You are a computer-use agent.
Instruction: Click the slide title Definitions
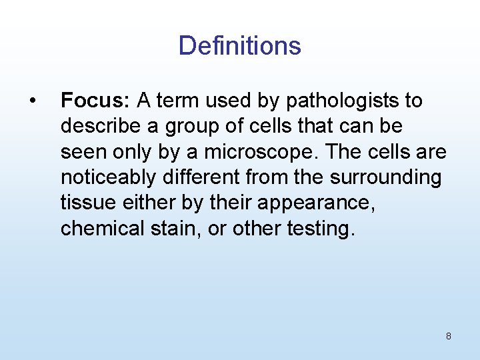[x=239, y=46]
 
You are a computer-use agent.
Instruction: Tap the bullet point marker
[x=31, y=101]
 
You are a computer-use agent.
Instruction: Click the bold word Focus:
[x=95, y=101]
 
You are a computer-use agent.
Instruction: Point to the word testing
[x=321, y=229]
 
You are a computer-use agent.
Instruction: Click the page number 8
[x=448, y=336]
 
